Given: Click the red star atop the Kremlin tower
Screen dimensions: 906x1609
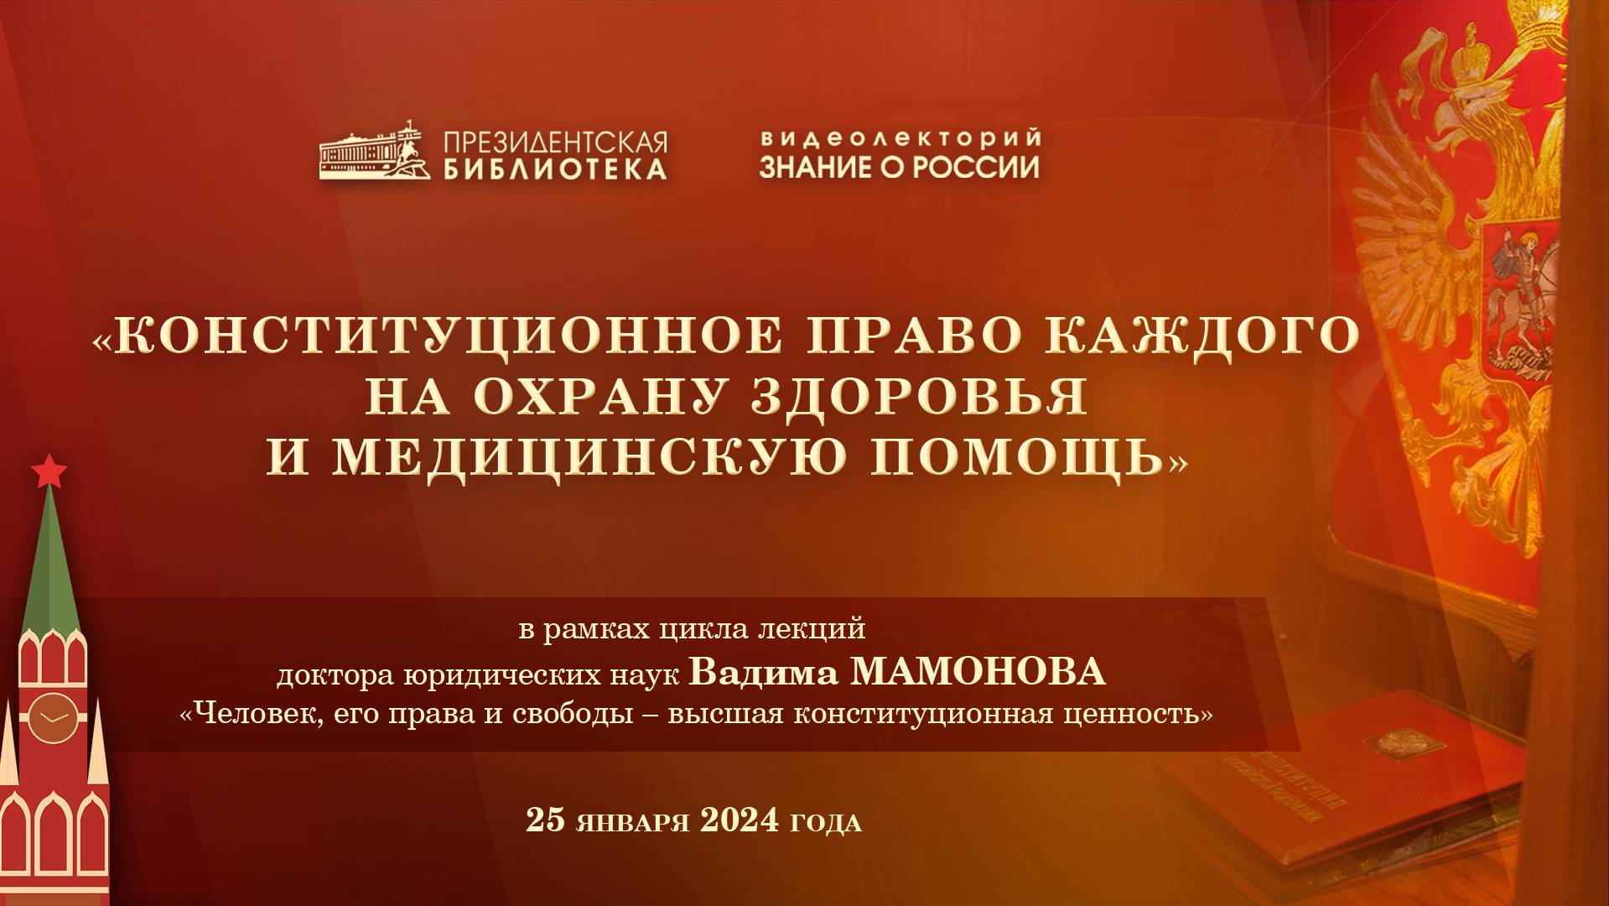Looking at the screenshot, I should [x=49, y=471].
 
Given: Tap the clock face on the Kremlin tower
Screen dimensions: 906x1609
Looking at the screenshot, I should [x=53, y=718].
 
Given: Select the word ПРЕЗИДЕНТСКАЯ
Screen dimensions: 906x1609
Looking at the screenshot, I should [x=555, y=141].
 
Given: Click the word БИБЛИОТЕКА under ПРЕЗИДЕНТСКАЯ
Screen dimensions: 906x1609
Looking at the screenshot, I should [x=555, y=169].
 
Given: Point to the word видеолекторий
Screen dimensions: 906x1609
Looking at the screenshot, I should [x=900, y=138].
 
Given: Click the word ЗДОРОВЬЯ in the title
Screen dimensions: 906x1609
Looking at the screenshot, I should [x=919, y=396].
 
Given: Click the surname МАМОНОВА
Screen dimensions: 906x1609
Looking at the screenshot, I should [x=978, y=672].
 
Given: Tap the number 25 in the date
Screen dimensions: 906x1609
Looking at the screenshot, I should [x=545, y=820].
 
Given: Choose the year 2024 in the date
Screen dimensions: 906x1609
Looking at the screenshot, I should [x=739, y=820].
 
